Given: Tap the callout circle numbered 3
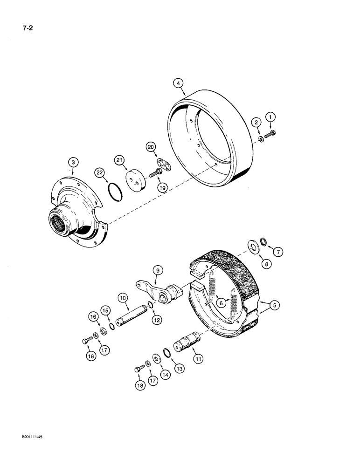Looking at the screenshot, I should [x=73, y=162].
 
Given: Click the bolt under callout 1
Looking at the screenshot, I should [x=272, y=134].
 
